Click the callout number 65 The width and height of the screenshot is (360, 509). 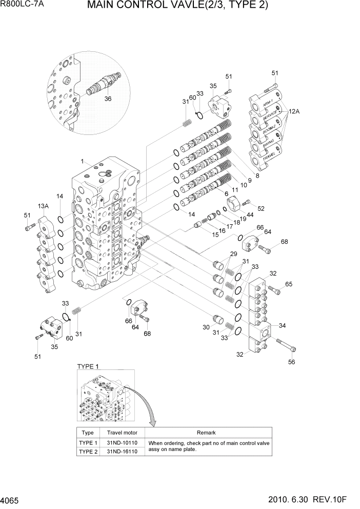click(x=289, y=284)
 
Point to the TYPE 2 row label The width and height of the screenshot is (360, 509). click(x=88, y=451)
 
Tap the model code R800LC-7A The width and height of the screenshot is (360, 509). click(x=23, y=6)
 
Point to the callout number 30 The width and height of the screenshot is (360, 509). click(x=206, y=327)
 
